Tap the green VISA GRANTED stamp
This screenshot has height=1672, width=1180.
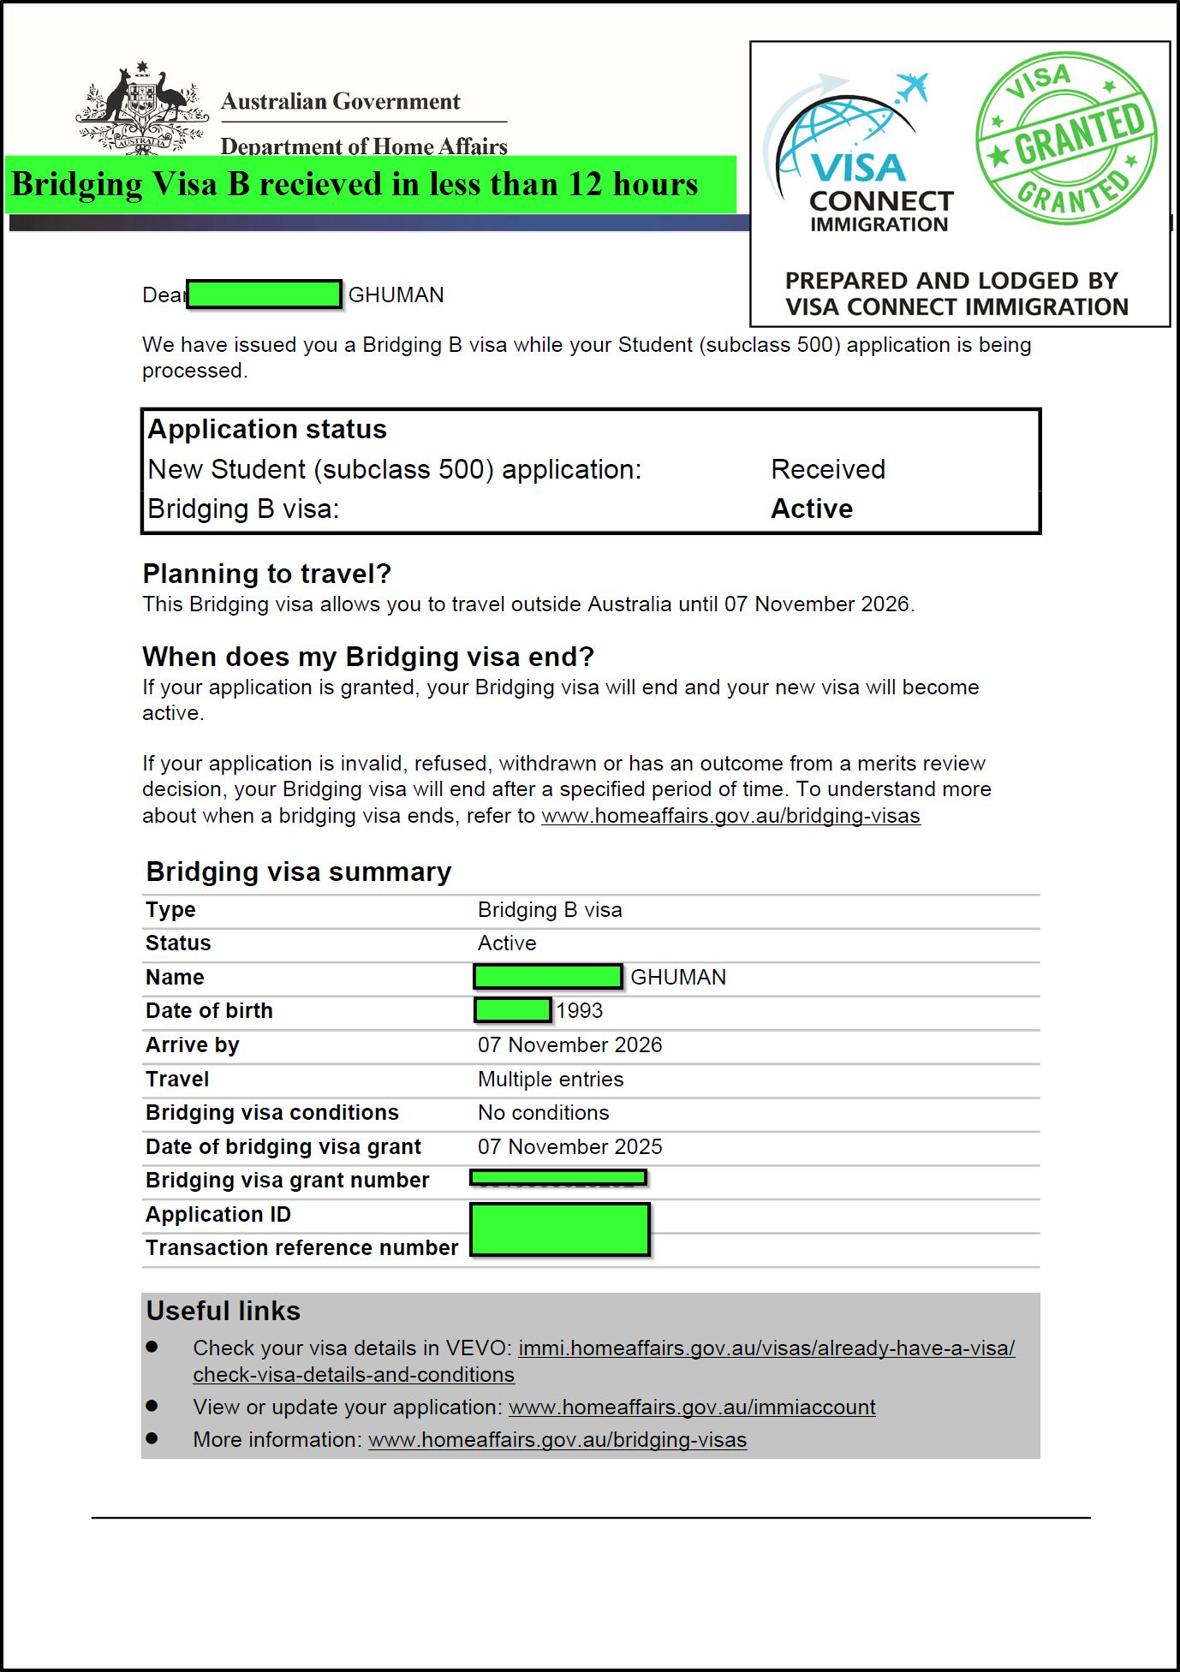1067,138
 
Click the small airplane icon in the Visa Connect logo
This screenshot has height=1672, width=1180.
913,86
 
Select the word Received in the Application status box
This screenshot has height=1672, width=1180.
827,469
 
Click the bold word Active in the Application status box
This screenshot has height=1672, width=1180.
811,509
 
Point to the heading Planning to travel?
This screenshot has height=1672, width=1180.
266,574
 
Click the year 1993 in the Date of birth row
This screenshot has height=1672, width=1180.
580,1010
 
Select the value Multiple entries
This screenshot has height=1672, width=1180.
551,1079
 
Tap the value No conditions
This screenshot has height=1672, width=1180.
543,1112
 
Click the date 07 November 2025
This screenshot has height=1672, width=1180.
569,1146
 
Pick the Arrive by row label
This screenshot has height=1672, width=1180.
192,1044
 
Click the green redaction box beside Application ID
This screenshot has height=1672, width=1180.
560,1229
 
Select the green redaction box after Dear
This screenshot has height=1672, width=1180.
265,295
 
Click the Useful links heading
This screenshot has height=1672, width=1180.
223,1311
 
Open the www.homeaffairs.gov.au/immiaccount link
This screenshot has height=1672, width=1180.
692,1407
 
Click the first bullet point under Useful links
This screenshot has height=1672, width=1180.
152,1348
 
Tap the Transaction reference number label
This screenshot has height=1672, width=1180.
301,1247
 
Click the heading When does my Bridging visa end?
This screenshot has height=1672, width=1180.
368,657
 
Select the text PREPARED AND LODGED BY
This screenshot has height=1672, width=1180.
951,281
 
